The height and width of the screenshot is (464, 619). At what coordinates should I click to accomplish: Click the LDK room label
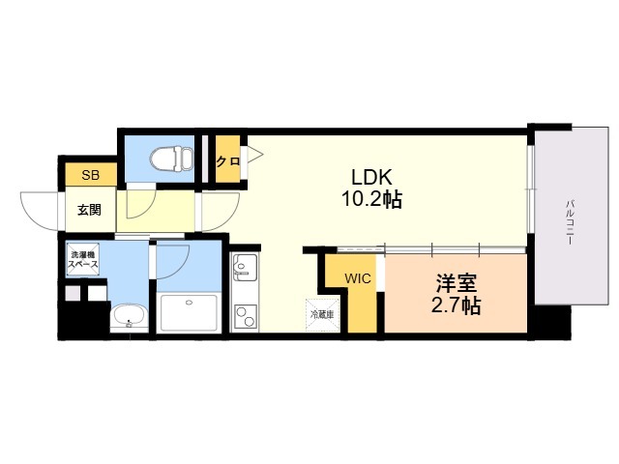pyautogui.click(x=371, y=177)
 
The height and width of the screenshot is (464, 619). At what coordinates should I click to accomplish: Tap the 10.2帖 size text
pyautogui.click(x=371, y=199)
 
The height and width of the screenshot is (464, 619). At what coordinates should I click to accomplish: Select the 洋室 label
pyautogui.click(x=456, y=282)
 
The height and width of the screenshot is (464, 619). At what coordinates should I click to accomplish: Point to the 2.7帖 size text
pyautogui.click(x=456, y=305)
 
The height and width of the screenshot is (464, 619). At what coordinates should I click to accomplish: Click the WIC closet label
pyautogui.click(x=358, y=278)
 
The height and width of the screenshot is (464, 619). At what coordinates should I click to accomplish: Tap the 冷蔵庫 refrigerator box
pyautogui.click(x=322, y=315)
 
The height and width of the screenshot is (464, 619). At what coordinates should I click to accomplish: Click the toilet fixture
pyautogui.click(x=172, y=159)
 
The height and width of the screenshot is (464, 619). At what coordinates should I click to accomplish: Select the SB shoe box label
pyautogui.click(x=90, y=175)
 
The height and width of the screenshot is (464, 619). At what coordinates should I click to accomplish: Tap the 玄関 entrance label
pyautogui.click(x=89, y=210)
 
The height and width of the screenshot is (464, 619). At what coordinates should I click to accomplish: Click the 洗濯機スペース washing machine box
pyautogui.click(x=82, y=260)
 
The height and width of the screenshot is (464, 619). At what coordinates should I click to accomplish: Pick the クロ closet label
pyautogui.click(x=228, y=161)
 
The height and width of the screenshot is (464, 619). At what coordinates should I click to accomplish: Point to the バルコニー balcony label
pyautogui.click(x=569, y=222)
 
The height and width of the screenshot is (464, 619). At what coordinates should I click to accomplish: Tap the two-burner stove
pyautogui.click(x=245, y=316)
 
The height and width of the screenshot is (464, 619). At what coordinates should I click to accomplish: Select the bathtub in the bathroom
pyautogui.click(x=189, y=312)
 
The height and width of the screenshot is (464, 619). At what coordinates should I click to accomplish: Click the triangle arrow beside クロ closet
pyautogui.click(x=254, y=155)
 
